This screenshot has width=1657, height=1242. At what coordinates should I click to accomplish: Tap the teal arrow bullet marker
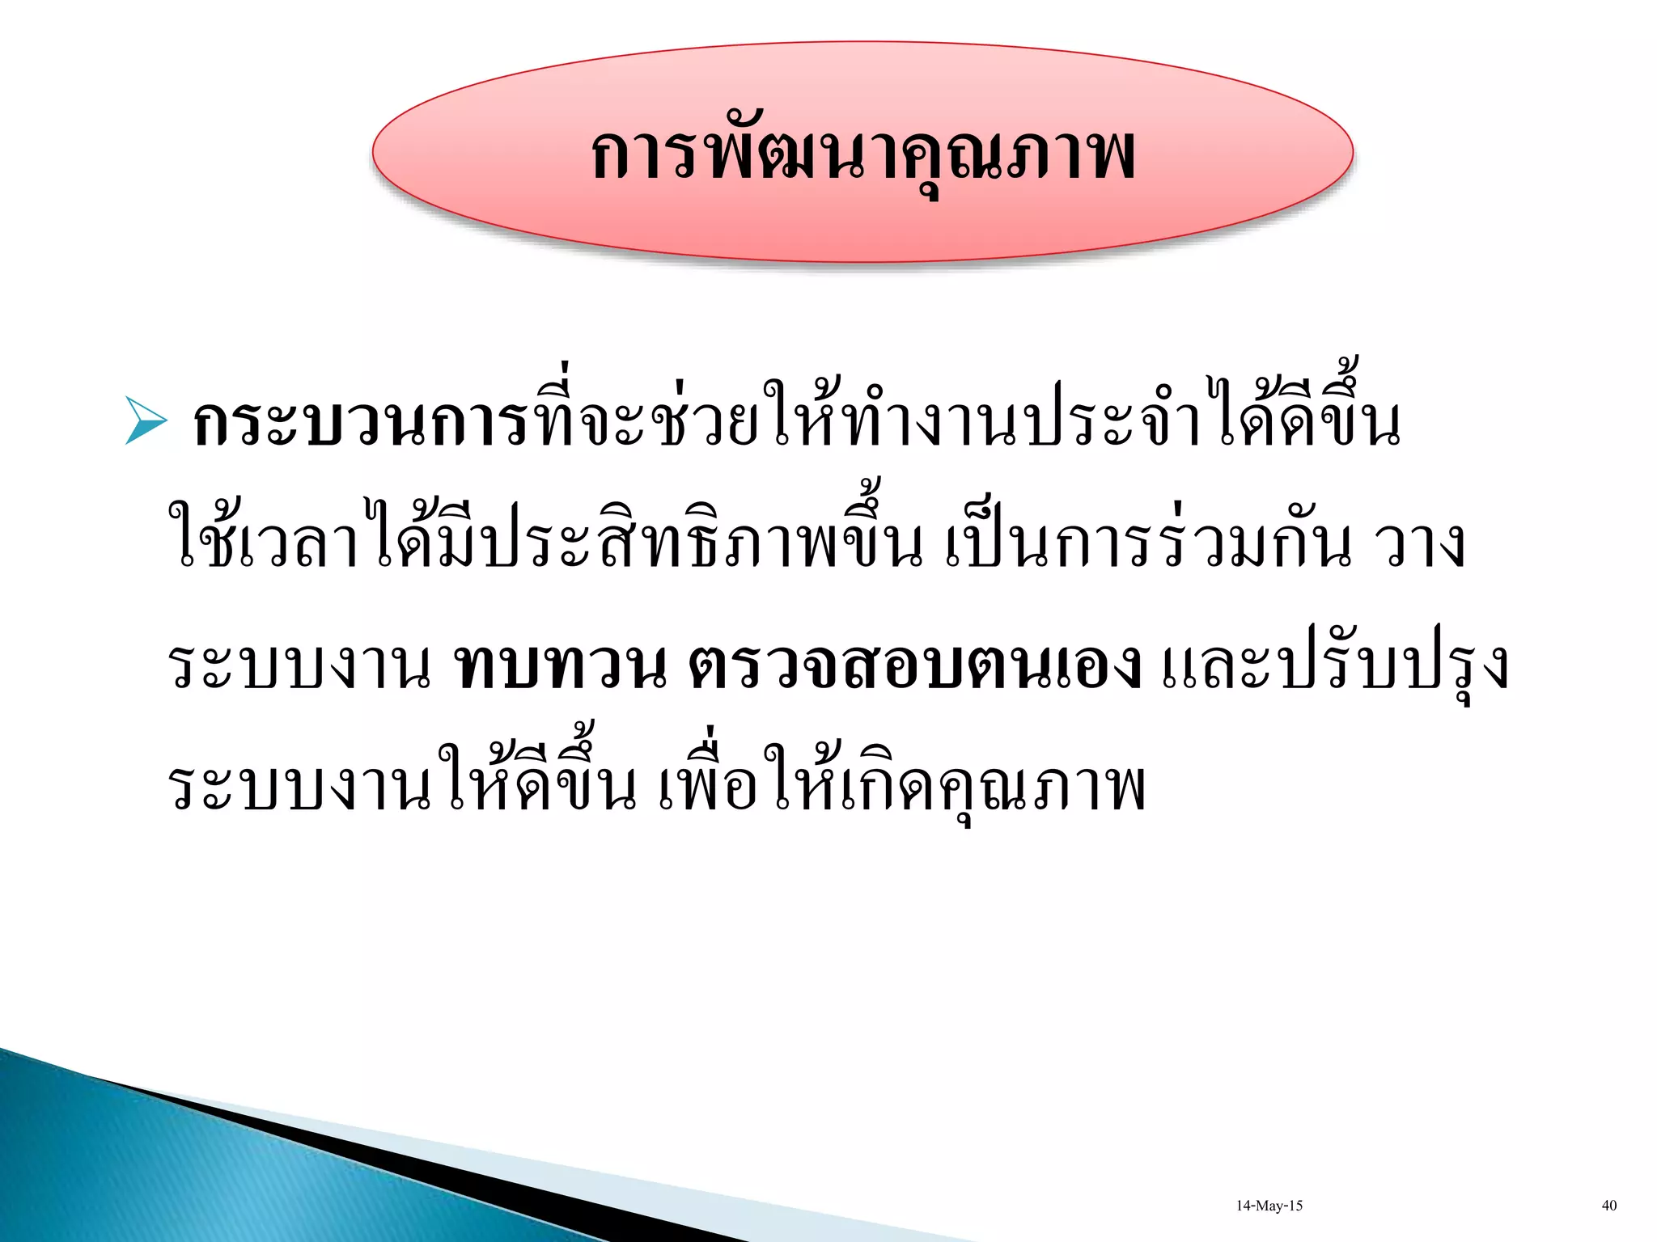(146, 420)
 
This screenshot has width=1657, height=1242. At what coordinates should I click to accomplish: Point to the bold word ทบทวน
(562, 666)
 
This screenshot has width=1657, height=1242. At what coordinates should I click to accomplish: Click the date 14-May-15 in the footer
(1269, 1206)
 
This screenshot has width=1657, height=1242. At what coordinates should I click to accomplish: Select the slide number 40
(1609, 1206)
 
